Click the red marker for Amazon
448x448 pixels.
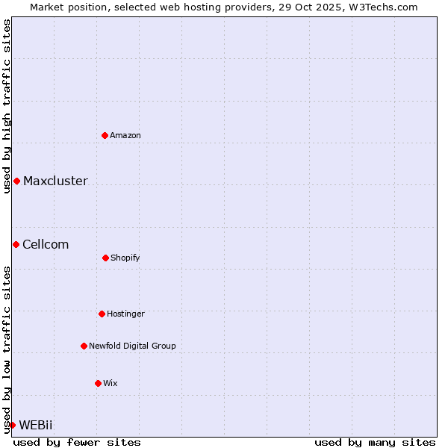click(105, 135)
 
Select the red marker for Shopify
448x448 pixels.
click(105, 258)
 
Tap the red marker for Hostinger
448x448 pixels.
click(102, 314)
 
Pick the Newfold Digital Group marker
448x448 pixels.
click(84, 346)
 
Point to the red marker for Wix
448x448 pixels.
click(98, 383)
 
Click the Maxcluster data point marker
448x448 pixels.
click(16, 181)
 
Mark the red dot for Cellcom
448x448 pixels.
click(16, 244)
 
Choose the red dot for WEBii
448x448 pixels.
click(12, 425)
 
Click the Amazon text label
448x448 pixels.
click(125, 135)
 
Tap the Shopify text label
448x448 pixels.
click(125, 258)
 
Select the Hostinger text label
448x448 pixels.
click(125, 314)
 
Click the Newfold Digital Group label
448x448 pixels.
click(132, 346)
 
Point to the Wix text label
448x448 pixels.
click(111, 383)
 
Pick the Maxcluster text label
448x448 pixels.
click(55, 181)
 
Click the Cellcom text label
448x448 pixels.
click(46, 244)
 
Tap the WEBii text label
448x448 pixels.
click(36, 425)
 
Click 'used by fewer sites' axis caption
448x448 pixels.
click(77, 442)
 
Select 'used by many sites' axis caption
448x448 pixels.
click(375, 442)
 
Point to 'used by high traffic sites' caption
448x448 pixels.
click(7, 106)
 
